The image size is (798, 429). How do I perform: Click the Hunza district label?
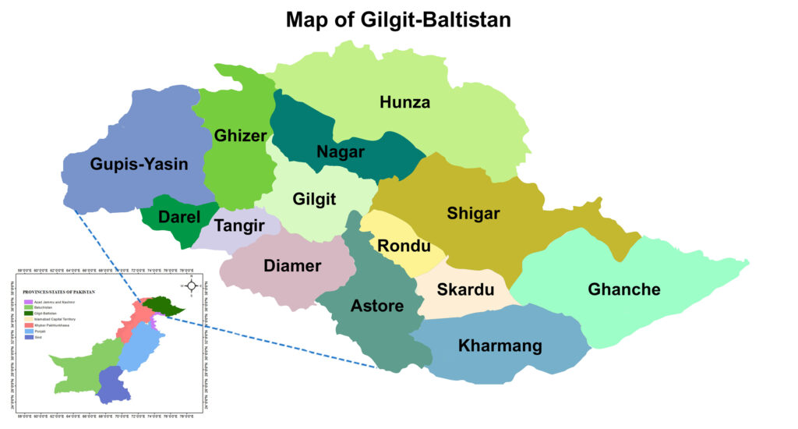[x=404, y=102]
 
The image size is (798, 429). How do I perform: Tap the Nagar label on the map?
[x=341, y=151]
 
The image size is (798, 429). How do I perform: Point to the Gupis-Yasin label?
[x=139, y=164]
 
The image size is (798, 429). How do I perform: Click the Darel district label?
[x=179, y=219]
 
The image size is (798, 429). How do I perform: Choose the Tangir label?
[x=238, y=227]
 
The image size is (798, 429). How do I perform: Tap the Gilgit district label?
[x=314, y=200]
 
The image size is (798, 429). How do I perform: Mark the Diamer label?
[x=292, y=266]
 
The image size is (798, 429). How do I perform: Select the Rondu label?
[x=404, y=246]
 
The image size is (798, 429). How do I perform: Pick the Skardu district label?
[x=465, y=290]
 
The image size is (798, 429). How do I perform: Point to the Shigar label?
[x=473, y=213]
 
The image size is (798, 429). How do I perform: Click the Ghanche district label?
[x=624, y=289]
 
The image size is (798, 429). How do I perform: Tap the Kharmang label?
[x=500, y=345]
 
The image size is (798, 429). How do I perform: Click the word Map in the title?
[x=309, y=19]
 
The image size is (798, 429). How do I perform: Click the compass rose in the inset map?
[x=191, y=285]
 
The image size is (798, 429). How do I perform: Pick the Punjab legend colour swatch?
[x=27, y=331]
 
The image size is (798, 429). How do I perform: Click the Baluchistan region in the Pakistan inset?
[x=78, y=370]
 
